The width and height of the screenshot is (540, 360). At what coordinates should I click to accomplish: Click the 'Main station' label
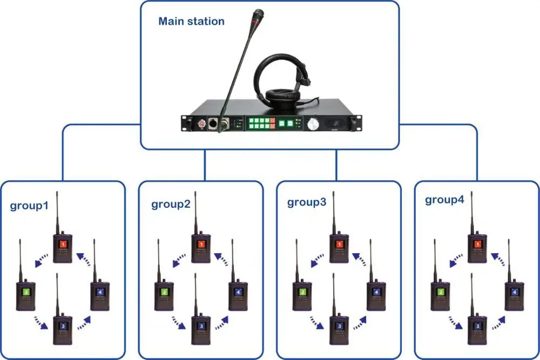click(191, 22)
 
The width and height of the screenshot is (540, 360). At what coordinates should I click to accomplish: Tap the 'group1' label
click(29, 206)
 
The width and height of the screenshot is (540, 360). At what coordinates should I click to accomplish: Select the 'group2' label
click(171, 204)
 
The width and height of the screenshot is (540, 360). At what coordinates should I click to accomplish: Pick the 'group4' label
click(444, 200)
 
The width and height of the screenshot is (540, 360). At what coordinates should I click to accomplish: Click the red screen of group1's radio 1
click(63, 244)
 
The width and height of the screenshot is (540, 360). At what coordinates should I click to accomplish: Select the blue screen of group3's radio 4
click(377, 292)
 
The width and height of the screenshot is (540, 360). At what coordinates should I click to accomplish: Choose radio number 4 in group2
click(238, 294)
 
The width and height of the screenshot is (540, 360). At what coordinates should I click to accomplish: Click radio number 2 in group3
click(302, 294)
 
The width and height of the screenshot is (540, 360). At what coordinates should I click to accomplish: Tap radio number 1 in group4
click(477, 247)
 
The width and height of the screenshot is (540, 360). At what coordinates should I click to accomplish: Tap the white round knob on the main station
click(313, 125)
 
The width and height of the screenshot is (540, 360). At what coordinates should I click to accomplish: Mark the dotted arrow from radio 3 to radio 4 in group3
click(357, 322)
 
